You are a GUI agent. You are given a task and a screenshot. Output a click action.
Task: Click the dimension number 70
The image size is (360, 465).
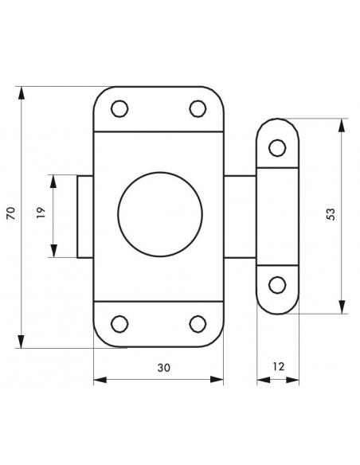coord(11,213)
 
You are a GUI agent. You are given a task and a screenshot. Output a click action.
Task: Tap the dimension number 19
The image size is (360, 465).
coord(41,213)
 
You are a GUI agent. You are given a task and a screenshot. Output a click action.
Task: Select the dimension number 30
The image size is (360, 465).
coord(164,368)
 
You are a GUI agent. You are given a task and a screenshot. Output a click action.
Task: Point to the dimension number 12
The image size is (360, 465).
coord(278,366)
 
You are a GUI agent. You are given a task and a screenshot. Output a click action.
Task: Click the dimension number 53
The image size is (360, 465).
coord(331,214)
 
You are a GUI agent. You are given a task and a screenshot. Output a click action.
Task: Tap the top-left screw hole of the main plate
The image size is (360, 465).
coord(119,108)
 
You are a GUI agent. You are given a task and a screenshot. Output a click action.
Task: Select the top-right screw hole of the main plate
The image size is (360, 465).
coord(198,108)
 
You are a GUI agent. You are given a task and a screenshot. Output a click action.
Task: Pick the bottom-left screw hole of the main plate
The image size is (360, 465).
coord(119,323)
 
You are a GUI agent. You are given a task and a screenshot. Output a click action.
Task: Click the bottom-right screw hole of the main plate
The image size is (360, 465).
coord(198,323)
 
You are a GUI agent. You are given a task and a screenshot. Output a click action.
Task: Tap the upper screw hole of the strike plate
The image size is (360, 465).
coord(277,147)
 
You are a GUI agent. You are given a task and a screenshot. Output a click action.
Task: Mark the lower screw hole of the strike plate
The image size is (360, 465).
coord(277,285)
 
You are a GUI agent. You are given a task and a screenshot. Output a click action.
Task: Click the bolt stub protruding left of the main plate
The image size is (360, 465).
coord(85,217)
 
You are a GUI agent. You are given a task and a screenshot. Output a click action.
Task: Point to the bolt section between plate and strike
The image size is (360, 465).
coord(240,217)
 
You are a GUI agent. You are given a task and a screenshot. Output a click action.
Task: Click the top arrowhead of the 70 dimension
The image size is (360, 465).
coord(21,93)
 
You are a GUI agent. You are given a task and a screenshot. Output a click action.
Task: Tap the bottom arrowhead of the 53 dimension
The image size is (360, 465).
coord(342,307)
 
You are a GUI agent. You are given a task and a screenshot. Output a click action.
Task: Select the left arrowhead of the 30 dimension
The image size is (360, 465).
coord(100,380)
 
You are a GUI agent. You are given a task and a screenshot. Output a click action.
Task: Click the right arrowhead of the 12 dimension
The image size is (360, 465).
coord(292,380)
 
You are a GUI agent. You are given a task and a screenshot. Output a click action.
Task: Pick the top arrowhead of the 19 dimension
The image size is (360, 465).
coord(53,182)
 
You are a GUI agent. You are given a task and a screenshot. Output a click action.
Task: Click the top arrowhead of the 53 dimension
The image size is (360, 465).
coord(342,125)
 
